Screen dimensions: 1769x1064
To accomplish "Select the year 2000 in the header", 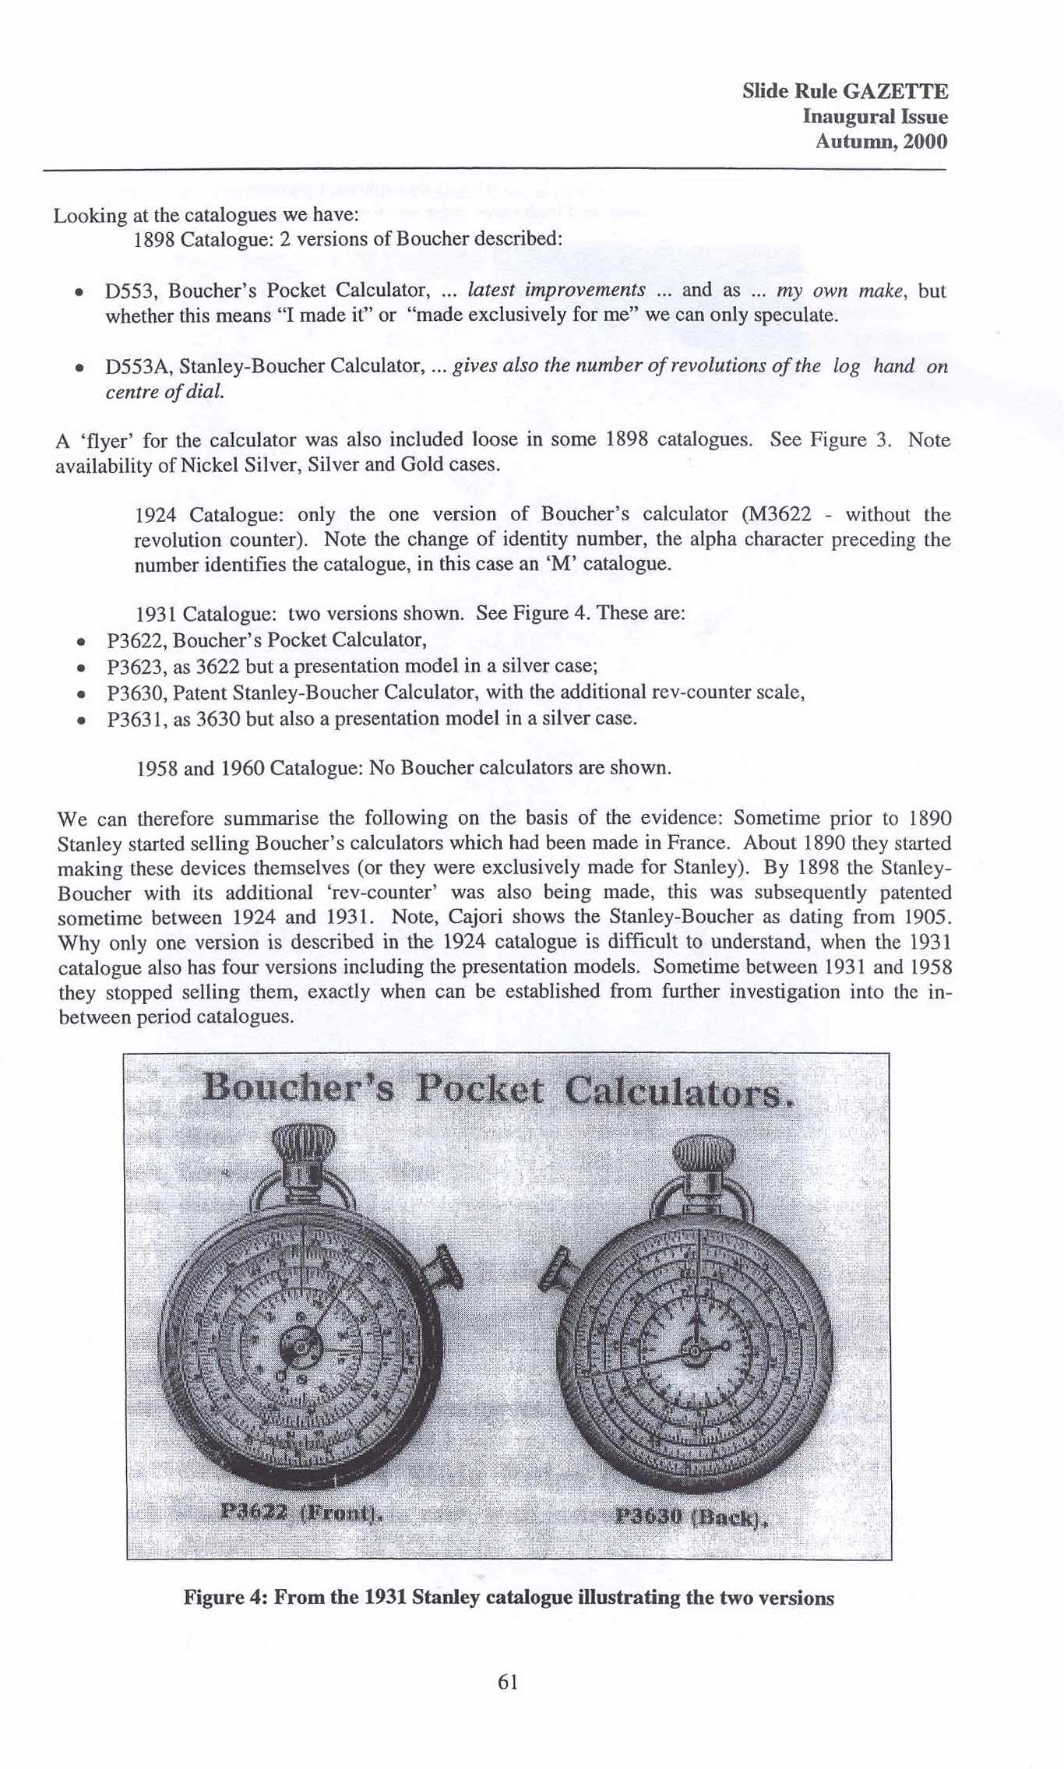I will [x=927, y=142].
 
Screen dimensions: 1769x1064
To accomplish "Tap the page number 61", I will [x=507, y=1682].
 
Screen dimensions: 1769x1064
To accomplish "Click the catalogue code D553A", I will [x=139, y=366].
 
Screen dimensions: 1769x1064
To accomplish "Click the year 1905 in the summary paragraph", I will [x=929, y=917].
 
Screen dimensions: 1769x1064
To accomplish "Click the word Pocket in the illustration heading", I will [x=478, y=1089].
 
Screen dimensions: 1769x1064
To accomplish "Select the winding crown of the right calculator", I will [x=703, y=1151].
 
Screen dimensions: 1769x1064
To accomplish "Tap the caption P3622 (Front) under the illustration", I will [x=302, y=1514].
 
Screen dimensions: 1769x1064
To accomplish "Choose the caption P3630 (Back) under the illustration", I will [x=690, y=1517].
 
